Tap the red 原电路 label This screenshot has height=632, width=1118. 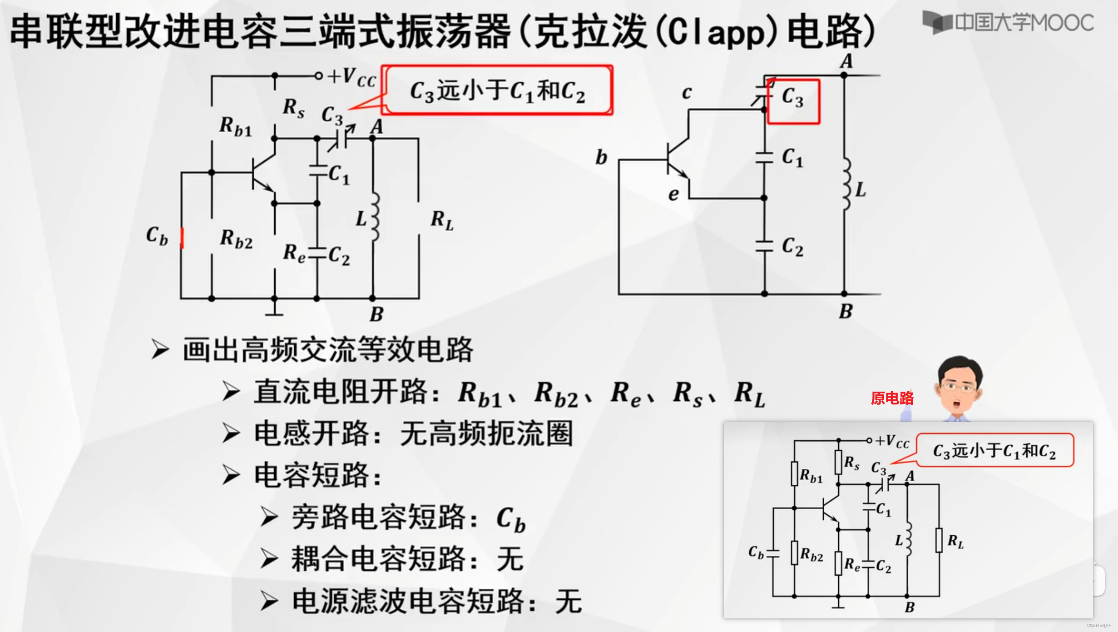pos(892,398)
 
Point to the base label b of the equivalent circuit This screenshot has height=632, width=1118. pos(601,158)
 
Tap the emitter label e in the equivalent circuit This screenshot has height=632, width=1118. pos(673,194)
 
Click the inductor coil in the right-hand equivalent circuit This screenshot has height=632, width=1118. pos(846,184)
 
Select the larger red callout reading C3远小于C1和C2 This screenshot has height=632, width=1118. pos(498,90)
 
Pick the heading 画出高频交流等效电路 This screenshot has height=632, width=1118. pos(328,350)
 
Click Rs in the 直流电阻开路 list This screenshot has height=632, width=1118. pos(688,393)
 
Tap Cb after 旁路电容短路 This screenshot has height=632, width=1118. pos(511,519)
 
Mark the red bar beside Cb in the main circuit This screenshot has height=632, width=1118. pos(182,238)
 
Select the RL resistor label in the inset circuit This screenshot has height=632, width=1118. pos(955,541)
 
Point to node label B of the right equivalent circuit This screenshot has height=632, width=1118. pos(846,312)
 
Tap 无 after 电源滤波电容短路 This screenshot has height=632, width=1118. pos(568,602)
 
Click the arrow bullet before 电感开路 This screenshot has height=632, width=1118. pos(231,433)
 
